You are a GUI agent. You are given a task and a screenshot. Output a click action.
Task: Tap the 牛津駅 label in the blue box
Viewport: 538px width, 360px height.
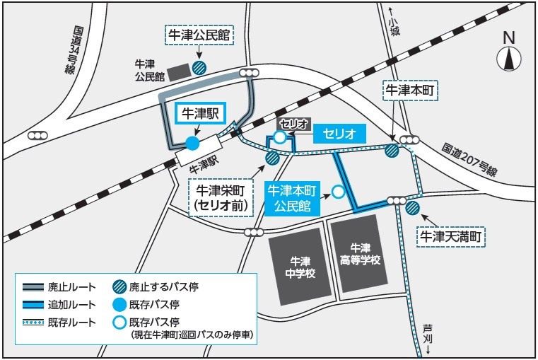coord(200,113)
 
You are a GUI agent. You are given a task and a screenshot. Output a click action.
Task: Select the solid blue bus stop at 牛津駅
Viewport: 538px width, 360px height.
coord(192,144)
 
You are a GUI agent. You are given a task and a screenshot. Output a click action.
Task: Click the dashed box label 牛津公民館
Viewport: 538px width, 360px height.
coord(199,34)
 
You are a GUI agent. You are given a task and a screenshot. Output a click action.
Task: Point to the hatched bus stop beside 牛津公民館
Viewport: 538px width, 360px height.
coord(201,68)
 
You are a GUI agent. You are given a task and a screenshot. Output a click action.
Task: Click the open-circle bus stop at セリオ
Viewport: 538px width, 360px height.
coord(280,137)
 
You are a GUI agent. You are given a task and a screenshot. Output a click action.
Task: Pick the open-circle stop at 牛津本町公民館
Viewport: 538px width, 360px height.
coord(339,191)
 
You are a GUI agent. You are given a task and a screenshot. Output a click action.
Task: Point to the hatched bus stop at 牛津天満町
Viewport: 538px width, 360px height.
coord(412,208)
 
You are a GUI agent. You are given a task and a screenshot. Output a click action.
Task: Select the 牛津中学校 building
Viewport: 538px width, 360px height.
coord(301,267)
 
